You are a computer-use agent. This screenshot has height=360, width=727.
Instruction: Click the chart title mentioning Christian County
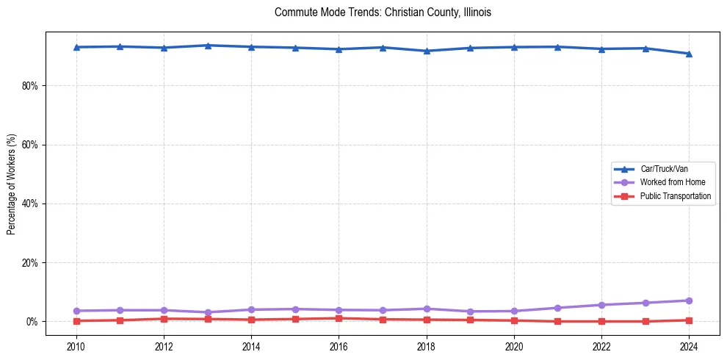(383, 12)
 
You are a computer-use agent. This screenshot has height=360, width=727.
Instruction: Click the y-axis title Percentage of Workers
(12, 184)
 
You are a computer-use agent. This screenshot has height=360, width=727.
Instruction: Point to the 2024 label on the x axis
(689, 346)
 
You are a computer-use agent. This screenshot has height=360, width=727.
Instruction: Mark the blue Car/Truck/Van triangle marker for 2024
(689, 54)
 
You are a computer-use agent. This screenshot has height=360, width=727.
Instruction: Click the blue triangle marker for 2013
(208, 46)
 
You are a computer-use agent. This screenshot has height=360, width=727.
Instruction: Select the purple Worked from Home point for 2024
(689, 300)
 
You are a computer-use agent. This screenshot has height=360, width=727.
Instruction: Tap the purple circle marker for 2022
(601, 305)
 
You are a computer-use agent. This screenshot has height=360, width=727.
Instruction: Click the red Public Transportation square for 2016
(339, 318)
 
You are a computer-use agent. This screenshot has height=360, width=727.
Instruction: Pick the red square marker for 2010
(76, 321)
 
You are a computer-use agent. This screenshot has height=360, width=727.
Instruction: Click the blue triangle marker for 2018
(427, 51)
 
